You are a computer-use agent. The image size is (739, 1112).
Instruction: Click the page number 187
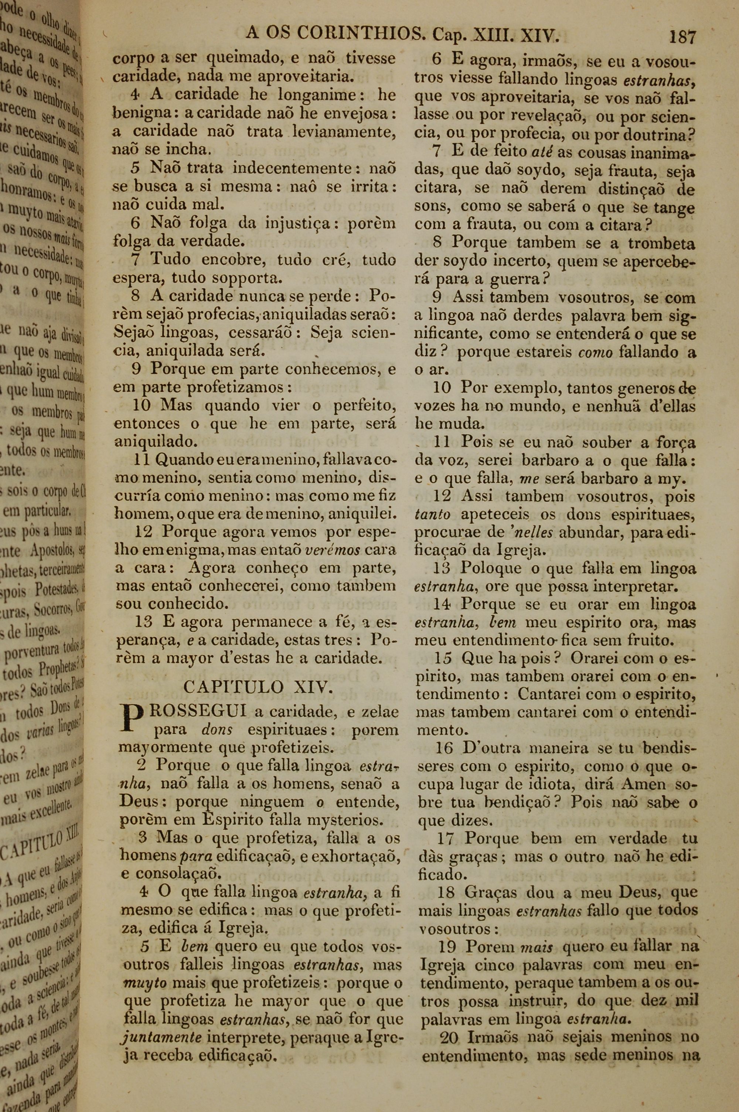pos(682,36)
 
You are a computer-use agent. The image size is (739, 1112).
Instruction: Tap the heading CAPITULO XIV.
pos(258,687)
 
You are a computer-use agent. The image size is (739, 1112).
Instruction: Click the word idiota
pos(547,784)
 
